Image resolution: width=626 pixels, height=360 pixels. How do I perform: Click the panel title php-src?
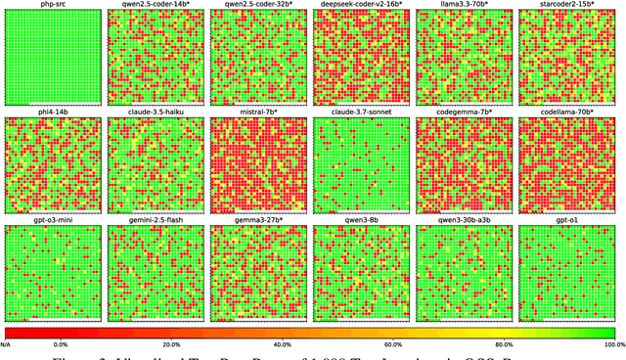pos(55,5)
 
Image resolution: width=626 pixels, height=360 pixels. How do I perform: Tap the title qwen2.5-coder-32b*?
pos(260,5)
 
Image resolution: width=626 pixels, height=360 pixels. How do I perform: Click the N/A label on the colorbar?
pos(6,344)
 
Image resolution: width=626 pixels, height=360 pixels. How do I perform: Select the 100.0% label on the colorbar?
pos(613,344)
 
